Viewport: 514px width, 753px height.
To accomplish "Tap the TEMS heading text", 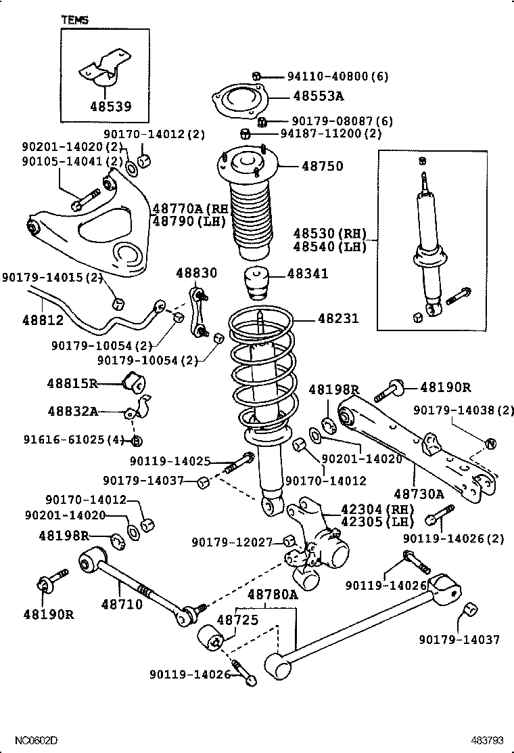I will (74, 20).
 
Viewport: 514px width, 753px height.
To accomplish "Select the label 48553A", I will (318, 96).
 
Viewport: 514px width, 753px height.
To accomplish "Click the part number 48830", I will (197, 273).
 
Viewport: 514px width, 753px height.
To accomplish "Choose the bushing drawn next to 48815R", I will (134, 382).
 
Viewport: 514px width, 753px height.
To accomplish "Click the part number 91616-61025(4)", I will (63, 441).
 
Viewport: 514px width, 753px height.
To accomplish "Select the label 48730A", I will (419, 494).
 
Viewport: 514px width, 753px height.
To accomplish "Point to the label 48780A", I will (272, 595).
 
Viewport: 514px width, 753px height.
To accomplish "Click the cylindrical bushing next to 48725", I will (210, 639).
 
